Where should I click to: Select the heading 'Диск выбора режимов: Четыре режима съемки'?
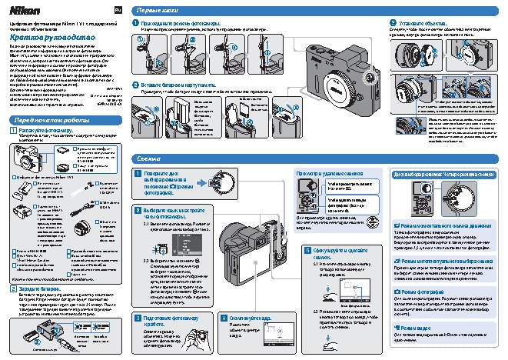tap(445, 173)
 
